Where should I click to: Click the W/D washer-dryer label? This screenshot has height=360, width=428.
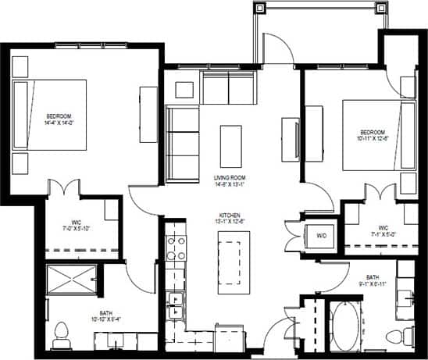[321, 236]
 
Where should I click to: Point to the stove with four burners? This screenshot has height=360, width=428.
[176, 247]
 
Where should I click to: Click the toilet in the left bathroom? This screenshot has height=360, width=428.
[62, 336]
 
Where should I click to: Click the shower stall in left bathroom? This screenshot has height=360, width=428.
[72, 279]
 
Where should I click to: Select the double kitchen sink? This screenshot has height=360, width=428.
[176, 304]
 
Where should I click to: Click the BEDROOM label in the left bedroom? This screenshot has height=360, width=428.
[59, 116]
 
